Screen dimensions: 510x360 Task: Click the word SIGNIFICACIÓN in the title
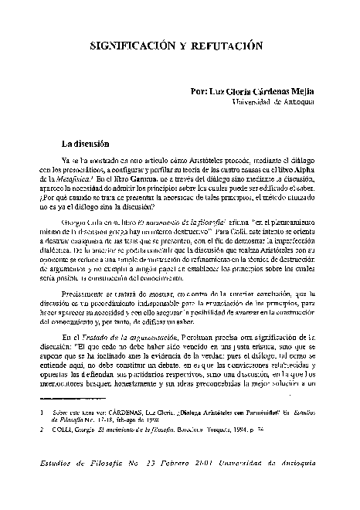[x=125, y=47]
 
